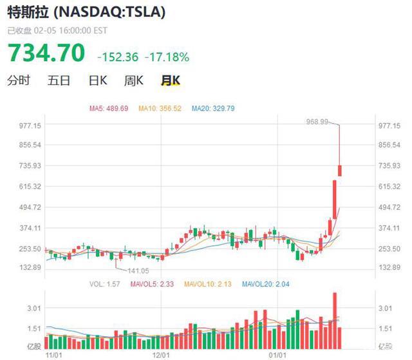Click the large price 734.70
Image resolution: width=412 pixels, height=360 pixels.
pos(46,53)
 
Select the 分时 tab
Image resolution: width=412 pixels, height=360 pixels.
pos(19,81)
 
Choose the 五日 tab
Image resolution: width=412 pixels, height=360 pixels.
pos(59,81)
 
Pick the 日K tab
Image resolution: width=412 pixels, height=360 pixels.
pos(97,81)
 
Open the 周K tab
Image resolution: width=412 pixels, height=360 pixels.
pos(134,81)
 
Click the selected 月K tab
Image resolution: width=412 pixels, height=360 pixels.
pos(171,81)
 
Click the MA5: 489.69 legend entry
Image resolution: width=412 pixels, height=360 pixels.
pos(109,108)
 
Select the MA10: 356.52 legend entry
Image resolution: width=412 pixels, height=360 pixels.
pos(160,108)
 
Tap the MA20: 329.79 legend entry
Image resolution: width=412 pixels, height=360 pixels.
pos(212,108)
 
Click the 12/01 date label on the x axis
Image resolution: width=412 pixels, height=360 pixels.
pos(162,354)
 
